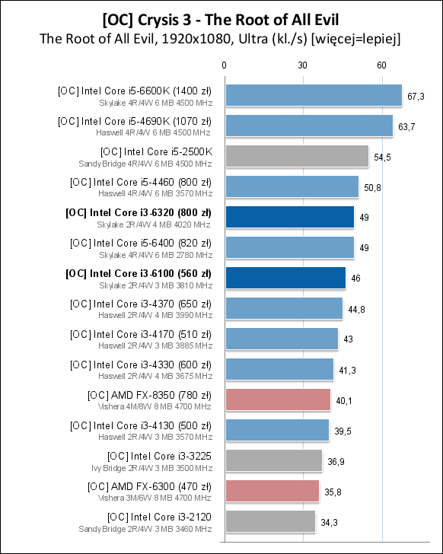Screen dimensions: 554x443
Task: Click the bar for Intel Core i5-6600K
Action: point(314,95)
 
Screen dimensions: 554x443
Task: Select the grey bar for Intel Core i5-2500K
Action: point(297,156)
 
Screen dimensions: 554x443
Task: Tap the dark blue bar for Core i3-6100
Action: point(285,278)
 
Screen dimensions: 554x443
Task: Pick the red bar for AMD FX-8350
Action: point(278,400)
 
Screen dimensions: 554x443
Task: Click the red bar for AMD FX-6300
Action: point(272,491)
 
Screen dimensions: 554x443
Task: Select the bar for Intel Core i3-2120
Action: point(270,521)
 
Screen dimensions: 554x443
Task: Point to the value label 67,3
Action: point(416,96)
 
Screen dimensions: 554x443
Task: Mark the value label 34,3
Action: point(329,522)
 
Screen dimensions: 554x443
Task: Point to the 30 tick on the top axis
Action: point(303,65)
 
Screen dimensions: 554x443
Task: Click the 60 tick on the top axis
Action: point(381,65)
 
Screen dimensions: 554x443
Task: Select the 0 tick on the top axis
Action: point(225,65)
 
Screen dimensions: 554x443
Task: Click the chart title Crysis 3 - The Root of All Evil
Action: point(221,18)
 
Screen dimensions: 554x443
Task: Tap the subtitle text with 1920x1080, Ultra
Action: point(221,38)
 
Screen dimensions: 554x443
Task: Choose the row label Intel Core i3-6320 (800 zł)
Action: point(139,212)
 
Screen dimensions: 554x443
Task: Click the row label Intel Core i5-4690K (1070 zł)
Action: point(135,121)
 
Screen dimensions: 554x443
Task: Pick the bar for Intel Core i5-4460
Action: point(292,186)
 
